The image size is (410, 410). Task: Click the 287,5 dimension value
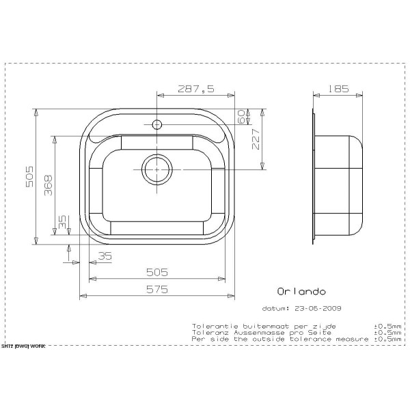coord(196,88)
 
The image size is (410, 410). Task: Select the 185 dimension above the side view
coord(338,88)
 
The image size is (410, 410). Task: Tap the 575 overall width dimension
coord(157,289)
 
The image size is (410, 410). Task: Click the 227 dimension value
coord(257,139)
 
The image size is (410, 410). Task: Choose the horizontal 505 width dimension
coord(157,272)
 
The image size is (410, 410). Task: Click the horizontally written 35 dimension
coord(104,256)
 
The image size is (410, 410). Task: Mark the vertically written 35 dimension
coord(63,222)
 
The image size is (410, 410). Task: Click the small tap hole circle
coord(156,124)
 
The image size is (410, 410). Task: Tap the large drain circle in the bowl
coord(156,168)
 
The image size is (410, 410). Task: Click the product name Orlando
coord(297,291)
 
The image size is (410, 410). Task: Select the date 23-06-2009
coord(318,308)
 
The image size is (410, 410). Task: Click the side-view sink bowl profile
coord(338,184)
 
